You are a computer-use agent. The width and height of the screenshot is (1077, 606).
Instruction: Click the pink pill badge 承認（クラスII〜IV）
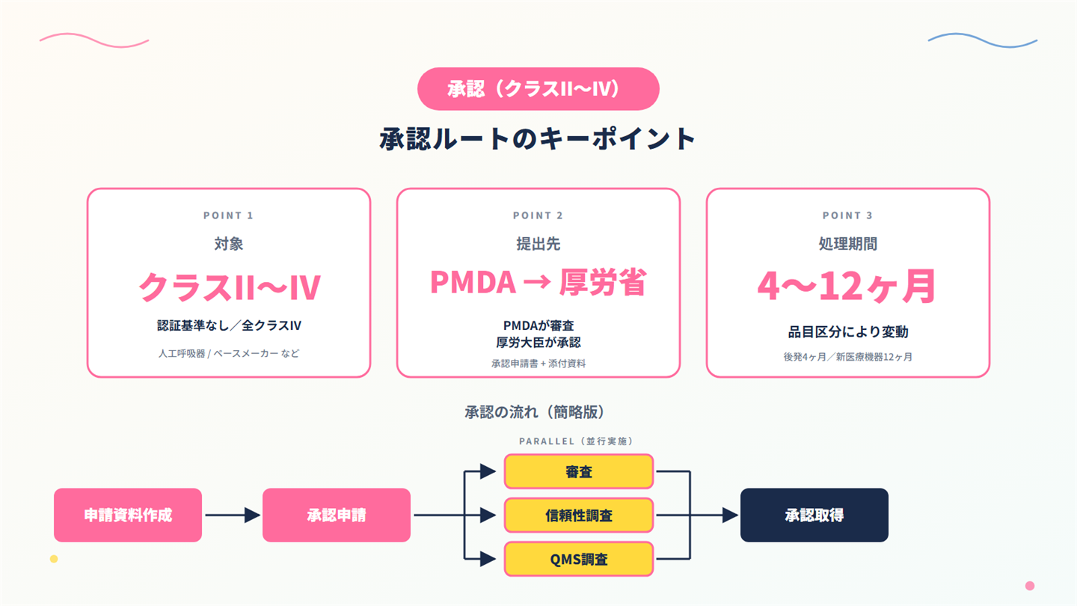click(538, 89)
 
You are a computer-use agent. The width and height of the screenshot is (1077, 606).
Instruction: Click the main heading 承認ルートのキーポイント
click(538, 138)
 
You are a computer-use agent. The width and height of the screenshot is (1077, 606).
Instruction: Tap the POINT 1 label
click(228, 215)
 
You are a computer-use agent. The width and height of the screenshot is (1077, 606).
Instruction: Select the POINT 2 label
click(538, 215)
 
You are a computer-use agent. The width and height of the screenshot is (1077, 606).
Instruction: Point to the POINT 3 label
click(847, 215)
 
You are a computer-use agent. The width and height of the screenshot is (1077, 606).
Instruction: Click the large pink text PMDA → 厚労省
click(538, 282)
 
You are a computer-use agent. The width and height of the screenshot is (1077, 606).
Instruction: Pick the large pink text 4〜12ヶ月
click(847, 286)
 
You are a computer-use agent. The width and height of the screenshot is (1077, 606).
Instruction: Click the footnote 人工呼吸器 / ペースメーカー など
click(229, 353)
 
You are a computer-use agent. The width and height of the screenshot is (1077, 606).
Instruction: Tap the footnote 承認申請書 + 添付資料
click(538, 364)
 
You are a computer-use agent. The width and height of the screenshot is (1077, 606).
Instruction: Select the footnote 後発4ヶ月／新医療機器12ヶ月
click(847, 357)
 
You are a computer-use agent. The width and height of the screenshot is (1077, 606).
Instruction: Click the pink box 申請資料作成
click(128, 515)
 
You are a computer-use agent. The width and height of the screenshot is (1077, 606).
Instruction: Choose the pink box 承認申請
click(337, 515)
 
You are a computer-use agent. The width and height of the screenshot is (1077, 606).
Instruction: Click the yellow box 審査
click(579, 471)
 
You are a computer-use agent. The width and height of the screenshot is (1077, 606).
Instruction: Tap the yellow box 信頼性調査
click(579, 515)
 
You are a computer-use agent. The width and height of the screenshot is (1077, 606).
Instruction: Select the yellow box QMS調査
click(579, 559)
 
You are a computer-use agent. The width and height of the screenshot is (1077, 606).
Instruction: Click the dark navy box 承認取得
click(814, 515)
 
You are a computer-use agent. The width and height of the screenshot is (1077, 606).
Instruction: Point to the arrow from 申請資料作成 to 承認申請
click(233, 515)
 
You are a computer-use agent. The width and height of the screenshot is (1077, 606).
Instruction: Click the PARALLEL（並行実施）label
click(577, 441)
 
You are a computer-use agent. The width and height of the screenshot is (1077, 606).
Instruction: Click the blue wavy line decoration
click(982, 40)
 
